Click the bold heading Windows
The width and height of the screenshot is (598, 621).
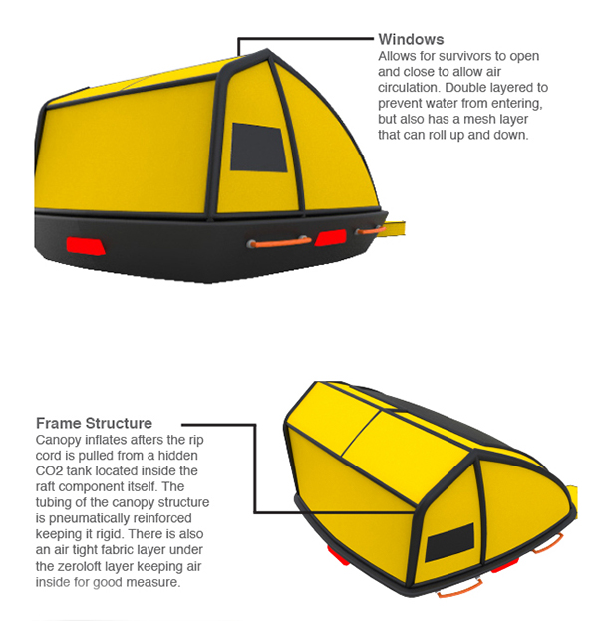point(411,40)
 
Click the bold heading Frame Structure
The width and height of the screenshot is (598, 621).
point(94,423)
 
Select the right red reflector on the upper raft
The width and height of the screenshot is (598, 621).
point(330,237)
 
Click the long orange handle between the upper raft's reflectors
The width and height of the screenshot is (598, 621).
point(279,240)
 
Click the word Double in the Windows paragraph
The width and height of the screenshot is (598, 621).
point(469,88)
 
